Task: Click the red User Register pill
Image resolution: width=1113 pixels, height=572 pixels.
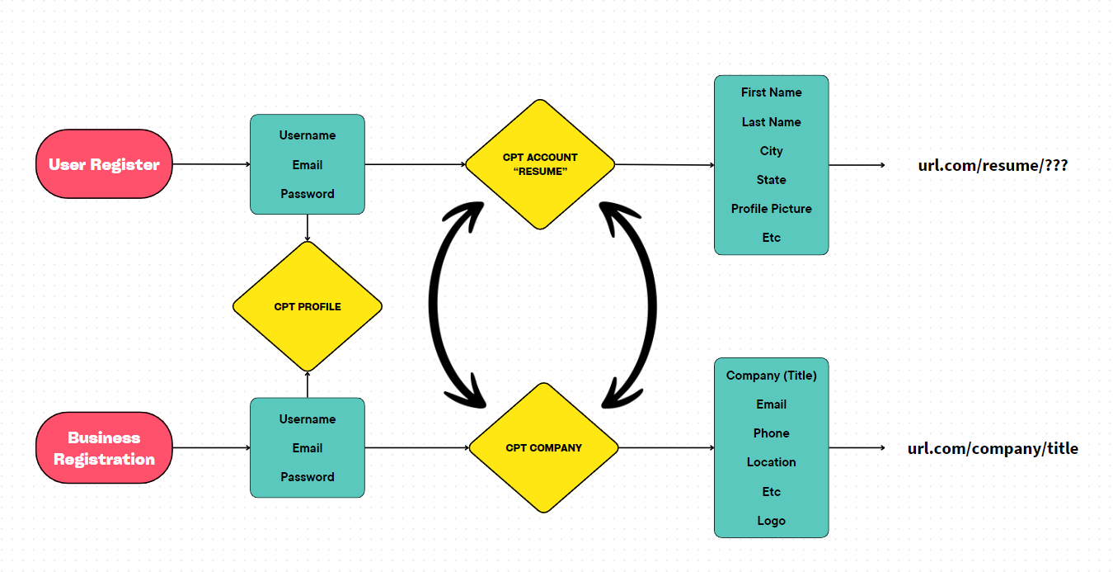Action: point(104,164)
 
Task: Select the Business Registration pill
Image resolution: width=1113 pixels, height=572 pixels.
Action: point(104,448)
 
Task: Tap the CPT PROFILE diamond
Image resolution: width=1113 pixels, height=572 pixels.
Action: point(308,307)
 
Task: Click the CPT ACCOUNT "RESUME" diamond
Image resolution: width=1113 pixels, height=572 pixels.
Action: point(540,163)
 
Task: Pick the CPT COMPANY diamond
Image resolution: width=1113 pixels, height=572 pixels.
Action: point(543,448)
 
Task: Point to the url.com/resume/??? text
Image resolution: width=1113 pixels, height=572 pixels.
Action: point(993,165)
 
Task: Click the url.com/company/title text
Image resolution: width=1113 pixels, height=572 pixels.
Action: point(993,449)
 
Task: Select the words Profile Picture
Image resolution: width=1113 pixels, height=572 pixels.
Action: point(771,209)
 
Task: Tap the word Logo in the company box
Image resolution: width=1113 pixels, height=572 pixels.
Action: point(771,521)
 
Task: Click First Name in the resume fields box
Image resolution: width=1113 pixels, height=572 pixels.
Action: point(771,92)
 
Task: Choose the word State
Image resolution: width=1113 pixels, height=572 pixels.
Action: point(771,180)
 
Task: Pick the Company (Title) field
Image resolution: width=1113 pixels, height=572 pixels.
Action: point(771,376)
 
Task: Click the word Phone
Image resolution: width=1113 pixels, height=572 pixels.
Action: point(771,433)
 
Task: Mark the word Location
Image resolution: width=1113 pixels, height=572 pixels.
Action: point(771,462)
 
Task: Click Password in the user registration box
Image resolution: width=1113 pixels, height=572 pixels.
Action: point(308,194)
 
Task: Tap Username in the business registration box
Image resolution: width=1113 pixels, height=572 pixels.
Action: point(308,419)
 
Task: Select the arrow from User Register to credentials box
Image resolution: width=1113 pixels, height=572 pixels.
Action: point(211,164)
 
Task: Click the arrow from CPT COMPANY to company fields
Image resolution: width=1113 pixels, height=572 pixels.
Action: point(666,448)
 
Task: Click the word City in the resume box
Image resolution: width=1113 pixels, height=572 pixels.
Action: point(771,151)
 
